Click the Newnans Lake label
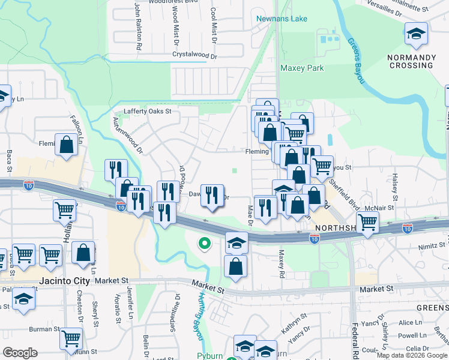282,19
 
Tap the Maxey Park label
302,68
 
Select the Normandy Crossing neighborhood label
411,61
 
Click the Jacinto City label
64,281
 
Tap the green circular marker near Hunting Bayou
204,244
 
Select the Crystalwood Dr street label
194,55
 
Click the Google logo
20,353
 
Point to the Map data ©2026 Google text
411,355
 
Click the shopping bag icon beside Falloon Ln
66,145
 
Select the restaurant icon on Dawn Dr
211,196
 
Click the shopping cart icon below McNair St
367,221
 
